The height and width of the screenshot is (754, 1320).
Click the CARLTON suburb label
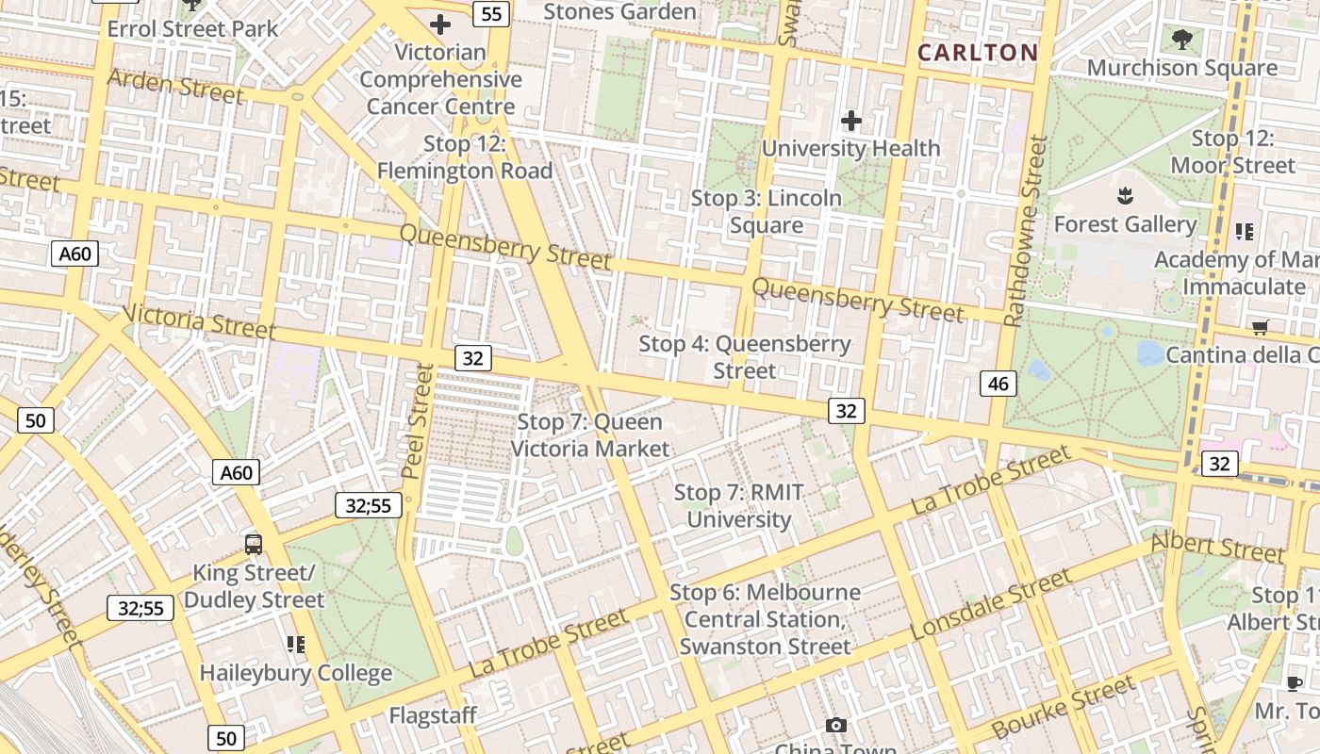click(x=978, y=53)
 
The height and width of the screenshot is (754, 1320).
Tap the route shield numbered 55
click(x=492, y=13)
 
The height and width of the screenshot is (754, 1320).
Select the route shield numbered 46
click(x=998, y=383)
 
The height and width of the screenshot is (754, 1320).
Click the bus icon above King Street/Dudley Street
click(x=253, y=544)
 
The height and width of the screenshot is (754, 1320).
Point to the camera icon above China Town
click(x=835, y=725)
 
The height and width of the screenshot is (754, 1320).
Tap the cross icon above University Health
click(x=850, y=121)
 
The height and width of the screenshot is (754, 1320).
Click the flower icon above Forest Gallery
click(x=1124, y=197)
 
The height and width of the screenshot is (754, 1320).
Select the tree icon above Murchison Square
click(x=1181, y=40)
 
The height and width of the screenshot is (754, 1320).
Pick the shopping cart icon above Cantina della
click(x=1260, y=327)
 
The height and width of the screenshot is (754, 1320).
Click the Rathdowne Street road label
click(x=1026, y=231)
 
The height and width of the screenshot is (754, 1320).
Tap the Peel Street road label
click(x=416, y=420)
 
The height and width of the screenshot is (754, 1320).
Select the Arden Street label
click(x=175, y=86)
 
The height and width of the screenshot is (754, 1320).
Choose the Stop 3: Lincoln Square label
click(x=766, y=212)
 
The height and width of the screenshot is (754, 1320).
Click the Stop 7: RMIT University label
click(x=738, y=506)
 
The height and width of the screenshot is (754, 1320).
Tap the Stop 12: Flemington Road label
click(x=465, y=157)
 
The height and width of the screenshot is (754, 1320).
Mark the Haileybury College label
click(x=295, y=673)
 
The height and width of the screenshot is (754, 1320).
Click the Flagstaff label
click(x=433, y=715)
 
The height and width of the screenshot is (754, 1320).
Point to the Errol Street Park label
click(x=192, y=28)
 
